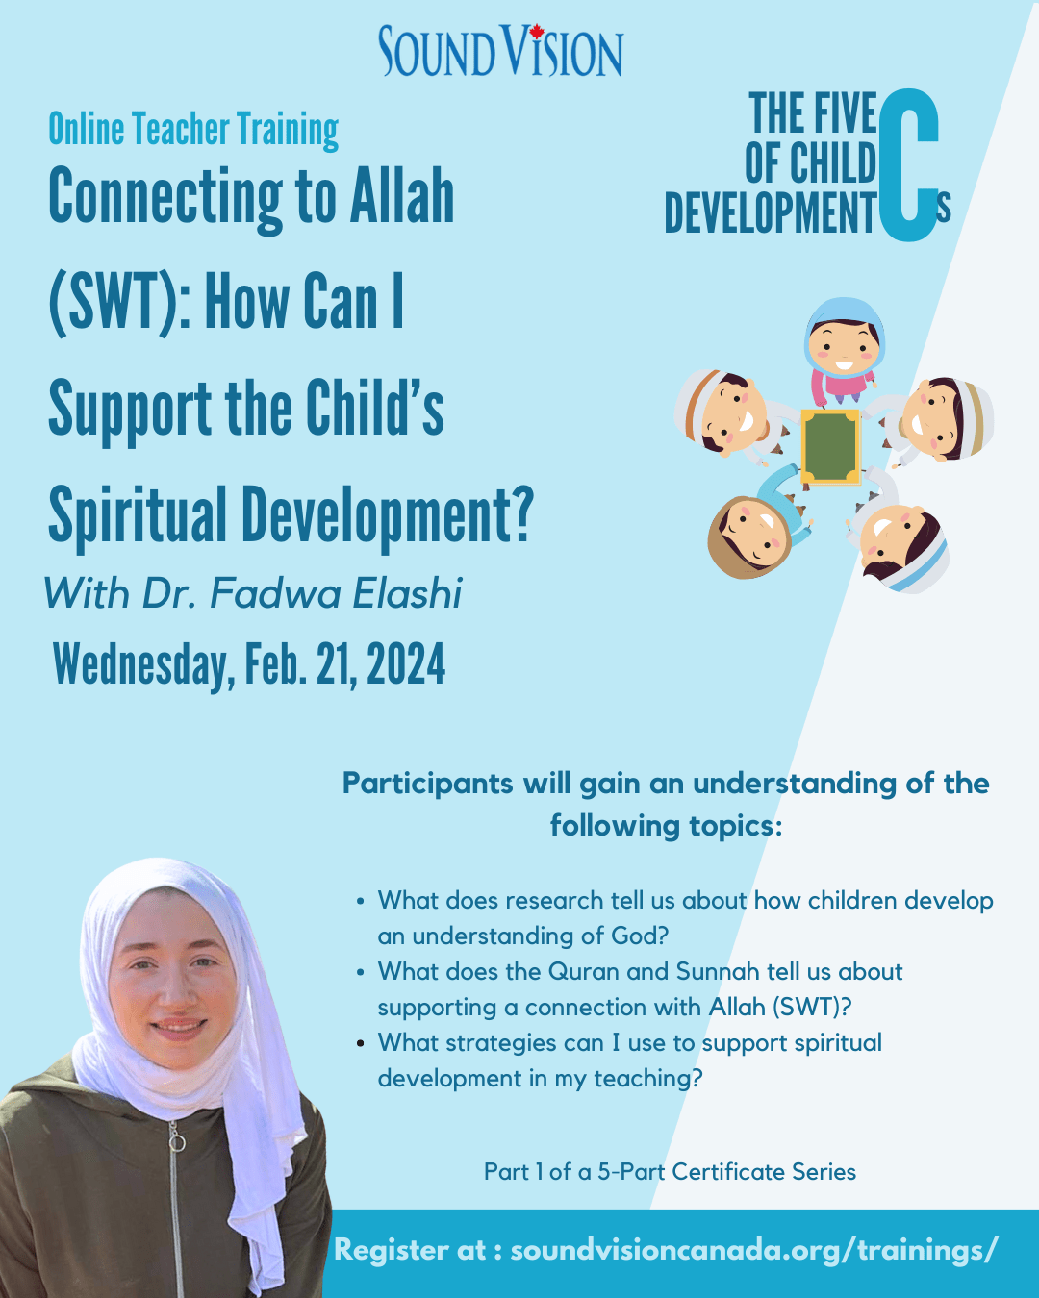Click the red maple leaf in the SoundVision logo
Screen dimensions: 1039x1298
(x=536, y=32)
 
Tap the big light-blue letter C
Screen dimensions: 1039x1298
(x=908, y=164)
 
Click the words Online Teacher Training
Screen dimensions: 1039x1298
(x=193, y=129)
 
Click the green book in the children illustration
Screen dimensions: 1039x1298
(x=830, y=447)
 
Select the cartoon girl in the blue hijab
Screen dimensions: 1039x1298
(x=845, y=349)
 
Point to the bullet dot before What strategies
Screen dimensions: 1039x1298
(x=361, y=1043)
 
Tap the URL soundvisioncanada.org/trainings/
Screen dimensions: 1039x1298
(x=753, y=1250)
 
